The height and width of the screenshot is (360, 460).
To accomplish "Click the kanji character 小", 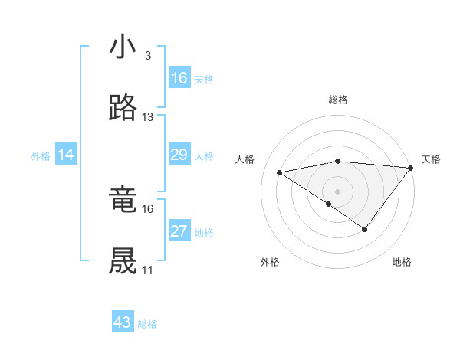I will coord(123,47).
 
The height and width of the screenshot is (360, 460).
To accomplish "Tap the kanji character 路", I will coord(123,108).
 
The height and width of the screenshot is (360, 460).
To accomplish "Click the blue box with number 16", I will coord(179,78).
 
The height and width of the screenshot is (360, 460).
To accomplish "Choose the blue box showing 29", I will coord(179,155).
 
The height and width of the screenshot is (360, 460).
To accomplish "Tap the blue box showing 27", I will coord(179,232).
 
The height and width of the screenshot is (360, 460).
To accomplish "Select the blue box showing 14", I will coord(66,155).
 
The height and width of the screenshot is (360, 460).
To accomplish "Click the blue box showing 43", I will coord(123,322).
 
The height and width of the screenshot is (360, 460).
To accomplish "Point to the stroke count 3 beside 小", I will coord(147,57).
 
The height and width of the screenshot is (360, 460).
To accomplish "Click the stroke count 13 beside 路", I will coord(147,117).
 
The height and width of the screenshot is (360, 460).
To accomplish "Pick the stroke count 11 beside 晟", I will coord(147,270).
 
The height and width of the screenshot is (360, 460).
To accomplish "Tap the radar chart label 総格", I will coord(337,100).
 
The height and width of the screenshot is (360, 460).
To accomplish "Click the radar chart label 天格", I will coord(431,159).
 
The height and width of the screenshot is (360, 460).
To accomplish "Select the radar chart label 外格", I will coord(270,262).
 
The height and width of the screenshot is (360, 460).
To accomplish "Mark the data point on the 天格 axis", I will coord(410,167).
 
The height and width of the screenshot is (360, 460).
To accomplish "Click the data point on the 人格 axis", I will coord(280,172).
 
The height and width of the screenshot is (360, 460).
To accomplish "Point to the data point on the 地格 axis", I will coord(365,229).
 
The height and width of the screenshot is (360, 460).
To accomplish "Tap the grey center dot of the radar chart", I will coord(337,190).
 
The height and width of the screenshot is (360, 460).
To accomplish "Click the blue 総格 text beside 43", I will coord(147,324).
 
